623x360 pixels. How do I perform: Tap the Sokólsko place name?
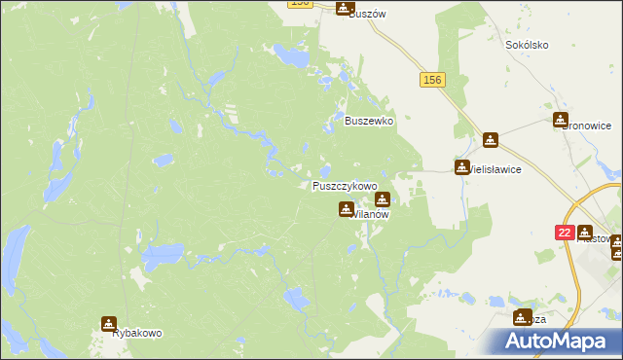(x=528, y=45)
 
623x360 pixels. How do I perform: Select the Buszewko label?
(x=369, y=121)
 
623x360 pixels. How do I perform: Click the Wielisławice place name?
(x=495, y=168)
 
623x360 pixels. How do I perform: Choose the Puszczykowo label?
(x=345, y=185)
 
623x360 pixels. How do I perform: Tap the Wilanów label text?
(x=371, y=214)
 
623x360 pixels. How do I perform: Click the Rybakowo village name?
(x=137, y=333)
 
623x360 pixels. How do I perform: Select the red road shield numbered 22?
(x=564, y=233)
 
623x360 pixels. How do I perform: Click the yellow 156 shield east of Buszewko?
(x=433, y=80)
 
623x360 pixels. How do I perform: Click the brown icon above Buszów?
(x=345, y=8)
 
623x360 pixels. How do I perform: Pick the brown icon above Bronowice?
(x=561, y=120)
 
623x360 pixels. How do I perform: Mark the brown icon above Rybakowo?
(x=108, y=323)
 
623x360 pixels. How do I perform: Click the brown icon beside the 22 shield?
(x=584, y=233)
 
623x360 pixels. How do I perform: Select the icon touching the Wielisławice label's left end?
(x=462, y=167)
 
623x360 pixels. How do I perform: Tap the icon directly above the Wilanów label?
(x=383, y=198)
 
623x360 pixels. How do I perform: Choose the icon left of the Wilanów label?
(x=346, y=208)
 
